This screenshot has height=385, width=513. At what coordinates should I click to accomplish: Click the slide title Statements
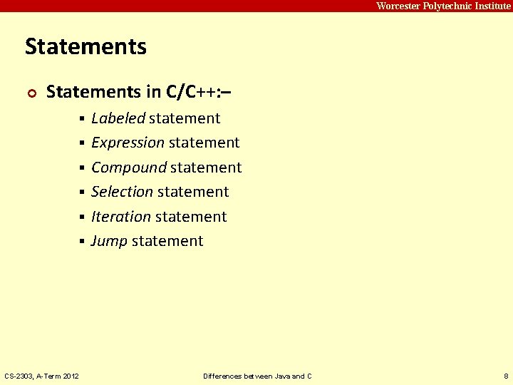pyautogui.click(x=85, y=47)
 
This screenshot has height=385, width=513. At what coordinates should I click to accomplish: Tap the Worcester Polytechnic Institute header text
pyautogui.click(x=443, y=6)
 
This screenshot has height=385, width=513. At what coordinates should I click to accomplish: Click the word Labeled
pyautogui.click(x=118, y=118)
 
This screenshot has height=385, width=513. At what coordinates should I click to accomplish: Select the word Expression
pyautogui.click(x=128, y=143)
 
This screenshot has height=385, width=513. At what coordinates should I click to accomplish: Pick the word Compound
pyautogui.click(x=128, y=168)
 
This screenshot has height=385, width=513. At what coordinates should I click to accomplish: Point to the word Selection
pyautogui.click(x=122, y=192)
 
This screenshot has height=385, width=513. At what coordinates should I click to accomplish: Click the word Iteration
pyautogui.click(x=121, y=217)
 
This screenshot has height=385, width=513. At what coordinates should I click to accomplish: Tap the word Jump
pyautogui.click(x=109, y=241)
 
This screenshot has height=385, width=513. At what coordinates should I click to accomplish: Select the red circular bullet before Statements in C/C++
pyautogui.click(x=30, y=93)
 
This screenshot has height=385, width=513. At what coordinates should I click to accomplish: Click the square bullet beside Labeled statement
pyautogui.click(x=83, y=118)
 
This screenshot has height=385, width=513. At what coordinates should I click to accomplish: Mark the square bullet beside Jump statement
pyautogui.click(x=83, y=242)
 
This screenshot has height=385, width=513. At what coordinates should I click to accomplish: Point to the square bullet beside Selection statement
pyautogui.click(x=83, y=192)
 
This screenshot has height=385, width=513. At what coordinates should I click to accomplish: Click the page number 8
pyautogui.click(x=505, y=376)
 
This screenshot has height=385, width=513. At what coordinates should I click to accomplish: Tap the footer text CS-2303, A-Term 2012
pyautogui.click(x=41, y=376)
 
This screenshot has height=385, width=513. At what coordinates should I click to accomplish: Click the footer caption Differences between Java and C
pyautogui.click(x=257, y=376)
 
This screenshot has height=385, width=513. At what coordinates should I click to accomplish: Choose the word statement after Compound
pyautogui.click(x=206, y=168)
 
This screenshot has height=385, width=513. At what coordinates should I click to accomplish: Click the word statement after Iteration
pyautogui.click(x=190, y=217)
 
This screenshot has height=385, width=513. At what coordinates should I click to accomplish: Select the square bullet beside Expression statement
pyautogui.click(x=83, y=143)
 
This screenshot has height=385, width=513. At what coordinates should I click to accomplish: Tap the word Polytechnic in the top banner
pyautogui.click(x=442, y=6)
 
